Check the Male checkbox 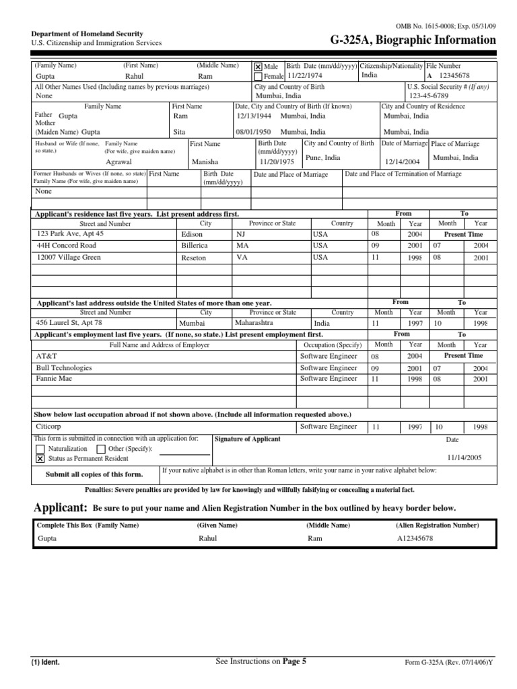[258, 67]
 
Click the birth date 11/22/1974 [306, 77]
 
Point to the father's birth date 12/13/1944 [254, 116]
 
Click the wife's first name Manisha [205, 162]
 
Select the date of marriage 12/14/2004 [403, 162]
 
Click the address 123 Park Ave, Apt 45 [71, 233]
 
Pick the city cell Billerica [195, 246]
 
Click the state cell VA [242, 258]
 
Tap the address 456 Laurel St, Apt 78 [69, 322]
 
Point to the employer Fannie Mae [54, 379]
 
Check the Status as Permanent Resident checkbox [40, 459]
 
